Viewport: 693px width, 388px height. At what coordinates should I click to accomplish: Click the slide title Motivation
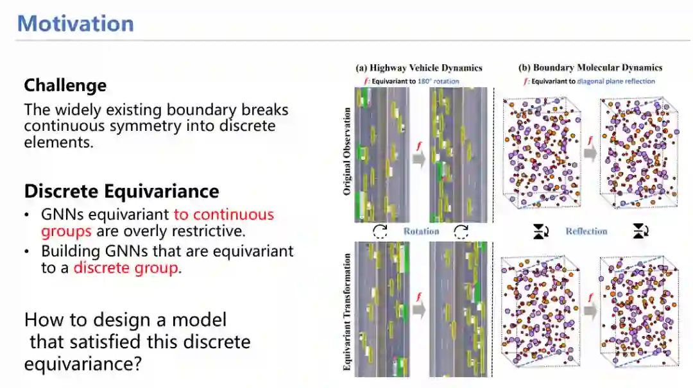(76, 24)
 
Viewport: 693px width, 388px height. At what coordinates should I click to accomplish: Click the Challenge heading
(65, 85)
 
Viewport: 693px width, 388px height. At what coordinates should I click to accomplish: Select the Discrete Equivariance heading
(121, 191)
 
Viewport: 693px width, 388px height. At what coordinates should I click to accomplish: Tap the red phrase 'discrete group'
(125, 267)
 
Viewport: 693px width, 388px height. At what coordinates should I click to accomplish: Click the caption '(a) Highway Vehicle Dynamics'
(418, 67)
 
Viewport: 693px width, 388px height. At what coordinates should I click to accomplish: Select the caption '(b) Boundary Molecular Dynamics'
(590, 67)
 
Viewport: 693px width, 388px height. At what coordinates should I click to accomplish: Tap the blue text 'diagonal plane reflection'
(615, 81)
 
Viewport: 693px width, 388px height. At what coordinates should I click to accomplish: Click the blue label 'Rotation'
(421, 232)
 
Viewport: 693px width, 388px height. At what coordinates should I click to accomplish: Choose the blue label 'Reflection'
(586, 232)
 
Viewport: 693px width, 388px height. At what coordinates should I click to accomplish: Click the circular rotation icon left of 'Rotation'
(381, 232)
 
